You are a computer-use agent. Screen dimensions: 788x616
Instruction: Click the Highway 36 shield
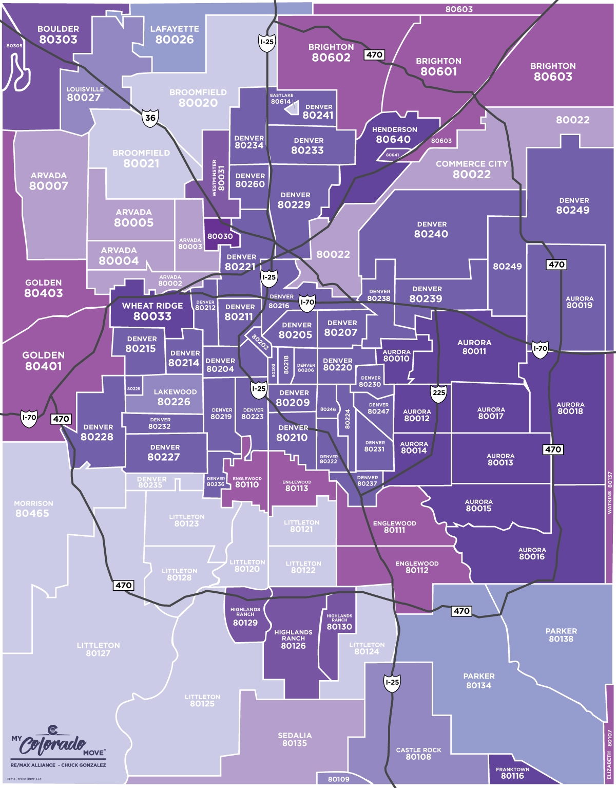pyautogui.click(x=150, y=118)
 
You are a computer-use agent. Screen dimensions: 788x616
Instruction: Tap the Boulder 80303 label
pyautogui.click(x=58, y=34)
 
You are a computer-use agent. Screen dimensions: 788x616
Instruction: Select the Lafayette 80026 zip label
pyautogui.click(x=175, y=34)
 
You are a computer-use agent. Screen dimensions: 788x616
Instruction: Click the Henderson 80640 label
pyautogui.click(x=394, y=135)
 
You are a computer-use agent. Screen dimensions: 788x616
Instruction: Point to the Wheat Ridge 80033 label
pyautogui.click(x=152, y=311)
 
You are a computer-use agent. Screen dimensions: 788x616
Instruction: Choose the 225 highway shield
pyautogui.click(x=438, y=393)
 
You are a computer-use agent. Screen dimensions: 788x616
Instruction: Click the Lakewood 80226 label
pyautogui.click(x=175, y=397)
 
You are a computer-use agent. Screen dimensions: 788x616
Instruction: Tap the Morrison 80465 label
pyautogui.click(x=33, y=509)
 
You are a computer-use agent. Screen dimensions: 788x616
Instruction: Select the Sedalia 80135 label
pyautogui.click(x=295, y=739)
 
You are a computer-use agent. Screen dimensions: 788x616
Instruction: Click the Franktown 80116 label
pyautogui.click(x=512, y=773)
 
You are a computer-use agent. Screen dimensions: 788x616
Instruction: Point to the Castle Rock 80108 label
pyautogui.click(x=418, y=754)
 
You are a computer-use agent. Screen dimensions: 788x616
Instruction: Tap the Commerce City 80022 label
pyautogui.click(x=471, y=169)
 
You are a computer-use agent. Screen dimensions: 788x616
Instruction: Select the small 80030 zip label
pyautogui.click(x=220, y=236)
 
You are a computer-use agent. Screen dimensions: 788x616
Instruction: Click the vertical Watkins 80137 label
pyautogui.click(x=610, y=493)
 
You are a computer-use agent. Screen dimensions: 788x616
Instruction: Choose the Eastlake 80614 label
pyautogui.click(x=281, y=99)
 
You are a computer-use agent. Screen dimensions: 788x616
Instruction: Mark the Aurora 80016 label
pyautogui.click(x=532, y=553)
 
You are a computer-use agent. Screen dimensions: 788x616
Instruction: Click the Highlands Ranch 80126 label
pyautogui.click(x=293, y=639)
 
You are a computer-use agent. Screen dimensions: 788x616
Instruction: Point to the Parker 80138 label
pyautogui.click(x=561, y=635)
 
